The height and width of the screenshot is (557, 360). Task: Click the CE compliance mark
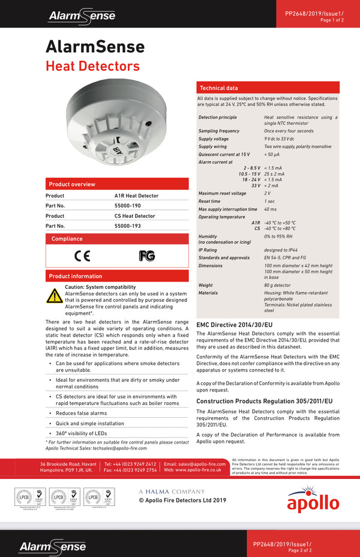pos(82,256)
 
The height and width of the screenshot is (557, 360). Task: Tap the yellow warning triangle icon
pos(55,296)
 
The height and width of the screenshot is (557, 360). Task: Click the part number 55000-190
pos(128,206)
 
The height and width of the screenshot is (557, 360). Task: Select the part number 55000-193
pos(128,226)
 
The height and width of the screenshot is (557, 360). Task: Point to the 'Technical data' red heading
pos(219,88)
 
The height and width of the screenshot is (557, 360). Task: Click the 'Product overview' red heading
pos(72,184)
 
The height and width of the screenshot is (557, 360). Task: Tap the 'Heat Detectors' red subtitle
pos(92,66)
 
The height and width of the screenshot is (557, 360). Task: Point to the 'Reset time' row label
pos(209,202)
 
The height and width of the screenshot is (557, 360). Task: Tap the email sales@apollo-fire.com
pos(195,464)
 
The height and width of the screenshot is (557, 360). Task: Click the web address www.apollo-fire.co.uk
pos(193,470)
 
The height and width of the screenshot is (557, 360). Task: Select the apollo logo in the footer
pos(309,501)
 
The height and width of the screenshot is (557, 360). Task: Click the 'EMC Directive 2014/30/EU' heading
pos(235,325)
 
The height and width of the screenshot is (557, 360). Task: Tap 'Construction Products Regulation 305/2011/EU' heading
pos(265,401)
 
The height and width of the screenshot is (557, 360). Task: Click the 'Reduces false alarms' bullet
pos(81,414)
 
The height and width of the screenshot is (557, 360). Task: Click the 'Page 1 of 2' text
pos(332,20)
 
